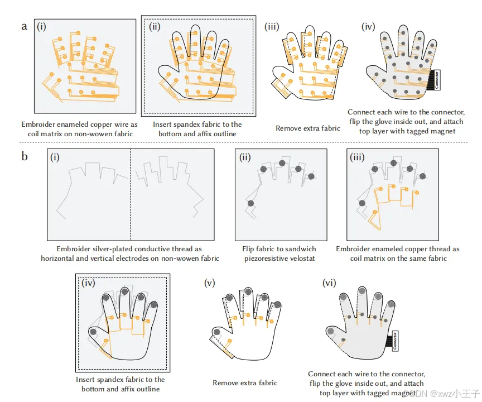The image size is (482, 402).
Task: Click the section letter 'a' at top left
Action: pos(24,26)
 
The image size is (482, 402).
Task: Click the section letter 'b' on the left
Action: pos(24,156)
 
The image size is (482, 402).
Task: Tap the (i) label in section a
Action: pos(41,26)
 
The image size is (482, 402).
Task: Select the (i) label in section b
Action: pos(55,157)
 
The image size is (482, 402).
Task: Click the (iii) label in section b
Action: pos(357,156)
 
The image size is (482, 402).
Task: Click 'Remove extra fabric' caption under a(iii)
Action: pos(307,128)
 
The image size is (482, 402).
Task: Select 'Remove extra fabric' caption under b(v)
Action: pos(244,383)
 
